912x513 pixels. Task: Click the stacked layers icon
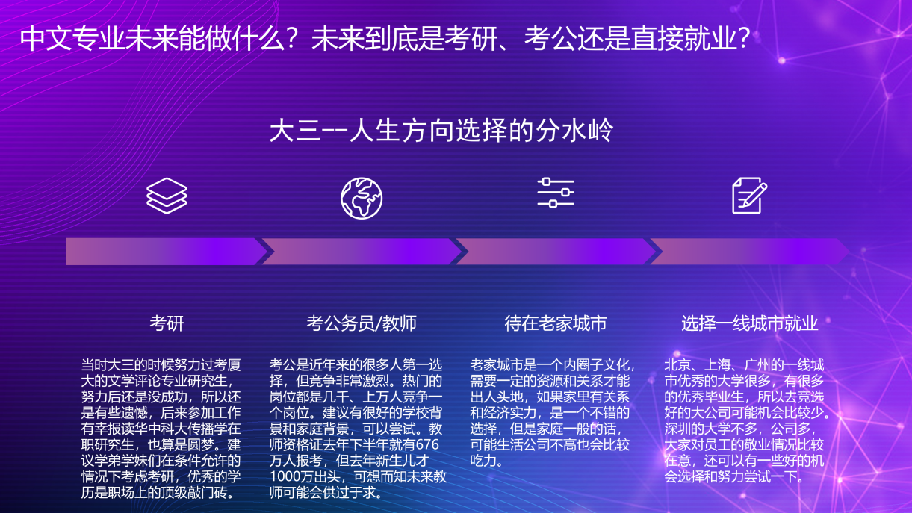coord(167,195)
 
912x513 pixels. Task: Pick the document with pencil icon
coord(749,195)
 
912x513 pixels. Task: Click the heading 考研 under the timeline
coord(167,323)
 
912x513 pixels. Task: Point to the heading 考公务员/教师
coord(362,323)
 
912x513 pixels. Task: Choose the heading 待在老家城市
coord(556,323)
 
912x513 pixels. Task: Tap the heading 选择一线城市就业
coord(750,323)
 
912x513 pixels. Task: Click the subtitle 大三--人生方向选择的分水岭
coord(441,131)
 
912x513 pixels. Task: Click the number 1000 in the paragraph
coord(283,477)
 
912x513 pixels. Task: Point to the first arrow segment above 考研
coord(164,252)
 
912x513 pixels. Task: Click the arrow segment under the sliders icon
coord(556,252)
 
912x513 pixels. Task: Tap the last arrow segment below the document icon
coord(749,252)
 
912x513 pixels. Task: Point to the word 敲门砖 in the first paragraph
coord(212,493)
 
